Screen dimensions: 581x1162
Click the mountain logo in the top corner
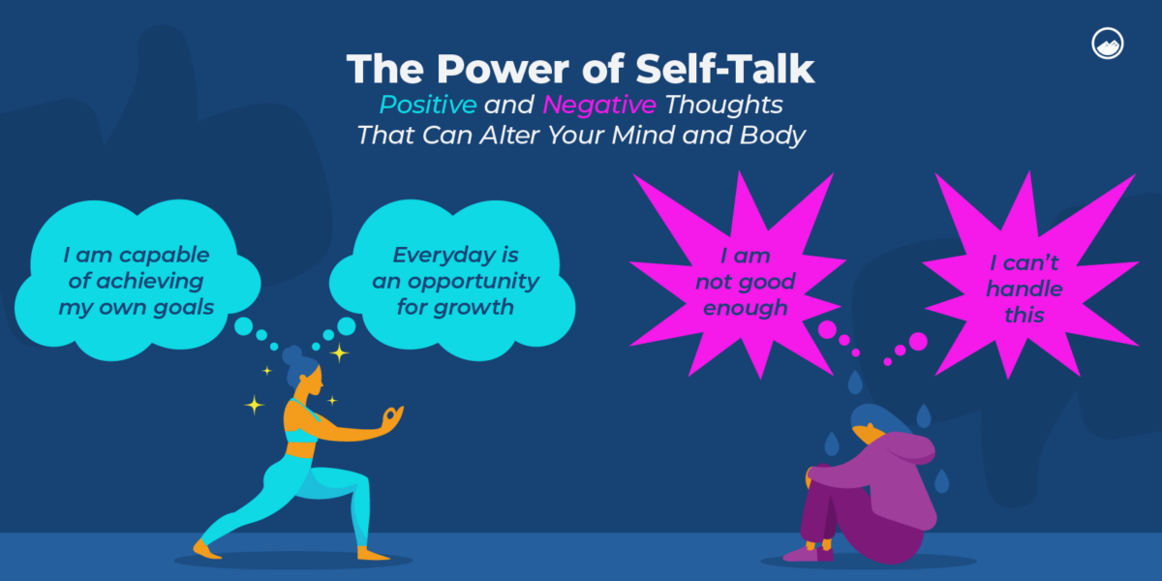1106,45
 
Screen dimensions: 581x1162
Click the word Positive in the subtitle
427,104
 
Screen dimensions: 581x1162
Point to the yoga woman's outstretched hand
391,416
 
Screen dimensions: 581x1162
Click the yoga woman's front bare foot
207,548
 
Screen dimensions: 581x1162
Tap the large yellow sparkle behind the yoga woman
254,405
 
